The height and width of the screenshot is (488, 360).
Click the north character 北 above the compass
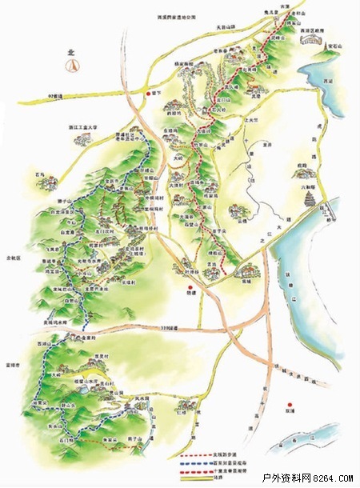71,53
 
